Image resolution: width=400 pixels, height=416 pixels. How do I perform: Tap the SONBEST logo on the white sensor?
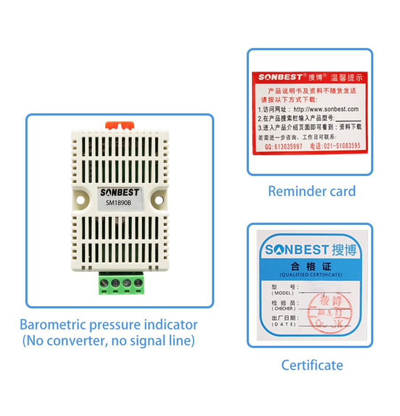(x=119, y=192)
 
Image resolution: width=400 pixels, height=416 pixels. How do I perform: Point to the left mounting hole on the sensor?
(x=80, y=200)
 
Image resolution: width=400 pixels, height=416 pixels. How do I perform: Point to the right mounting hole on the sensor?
(x=159, y=200)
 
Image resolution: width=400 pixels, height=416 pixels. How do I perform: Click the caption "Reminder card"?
(x=312, y=192)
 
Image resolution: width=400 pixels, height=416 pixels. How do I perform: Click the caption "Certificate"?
(x=312, y=365)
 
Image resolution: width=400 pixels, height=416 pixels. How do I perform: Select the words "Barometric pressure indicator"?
(x=108, y=324)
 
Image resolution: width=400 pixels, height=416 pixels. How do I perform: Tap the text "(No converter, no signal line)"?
(x=108, y=341)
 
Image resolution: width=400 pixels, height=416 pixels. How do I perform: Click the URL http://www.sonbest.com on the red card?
(x=326, y=109)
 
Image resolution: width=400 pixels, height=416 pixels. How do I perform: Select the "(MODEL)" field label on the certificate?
(x=283, y=293)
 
